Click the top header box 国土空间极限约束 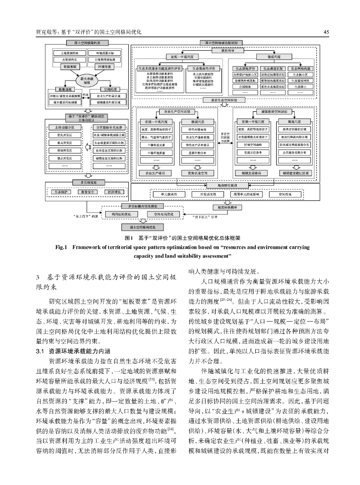pyautogui.click(x=87, y=43)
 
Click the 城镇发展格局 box pyautogui.click(x=251, y=173)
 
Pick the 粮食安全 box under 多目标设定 pyautogui.click(x=87, y=192)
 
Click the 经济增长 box pyautogui.click(x=112, y=192)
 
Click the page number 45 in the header pyautogui.click(x=326, y=32)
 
